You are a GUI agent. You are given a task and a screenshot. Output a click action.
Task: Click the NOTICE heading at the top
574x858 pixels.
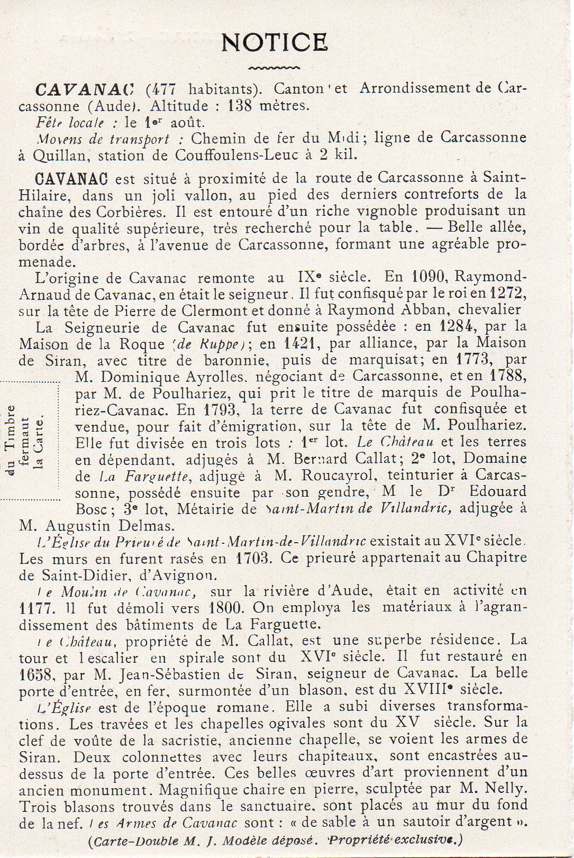click(274, 42)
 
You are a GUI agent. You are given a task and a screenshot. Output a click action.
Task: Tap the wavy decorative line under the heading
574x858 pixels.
click(274, 68)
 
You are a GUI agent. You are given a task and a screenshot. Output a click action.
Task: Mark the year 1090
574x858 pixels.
click(430, 277)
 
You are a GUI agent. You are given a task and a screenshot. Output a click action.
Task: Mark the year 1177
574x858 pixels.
click(35, 607)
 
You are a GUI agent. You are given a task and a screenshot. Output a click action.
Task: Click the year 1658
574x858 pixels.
click(35, 674)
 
